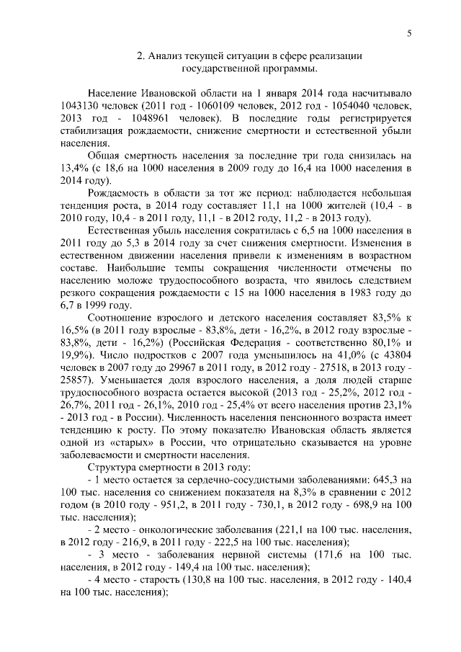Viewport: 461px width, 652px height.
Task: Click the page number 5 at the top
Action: (x=408, y=32)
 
